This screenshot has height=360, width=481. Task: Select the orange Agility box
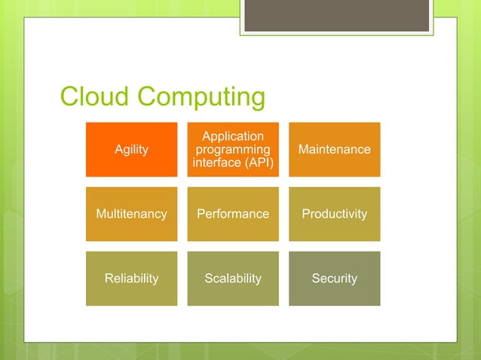coord(131,149)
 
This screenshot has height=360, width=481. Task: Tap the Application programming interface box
coord(233,149)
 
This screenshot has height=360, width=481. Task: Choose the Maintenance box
coord(334,149)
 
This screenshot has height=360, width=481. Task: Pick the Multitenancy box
coord(131,214)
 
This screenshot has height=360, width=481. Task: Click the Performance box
coord(233,214)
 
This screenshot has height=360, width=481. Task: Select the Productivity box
coord(334,214)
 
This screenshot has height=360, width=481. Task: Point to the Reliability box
coord(131,279)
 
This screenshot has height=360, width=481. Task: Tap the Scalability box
coord(233,279)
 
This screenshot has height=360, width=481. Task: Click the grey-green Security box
coord(334,279)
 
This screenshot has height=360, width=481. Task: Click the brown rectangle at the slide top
coord(336,15)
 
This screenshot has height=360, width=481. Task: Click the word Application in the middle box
coord(233,136)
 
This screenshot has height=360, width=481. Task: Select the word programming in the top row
coord(233,150)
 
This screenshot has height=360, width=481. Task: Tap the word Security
coord(334,279)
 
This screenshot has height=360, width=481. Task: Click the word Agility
coord(131,150)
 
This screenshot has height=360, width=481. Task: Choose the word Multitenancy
coord(131,214)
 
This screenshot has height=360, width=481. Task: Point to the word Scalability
coord(233,279)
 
